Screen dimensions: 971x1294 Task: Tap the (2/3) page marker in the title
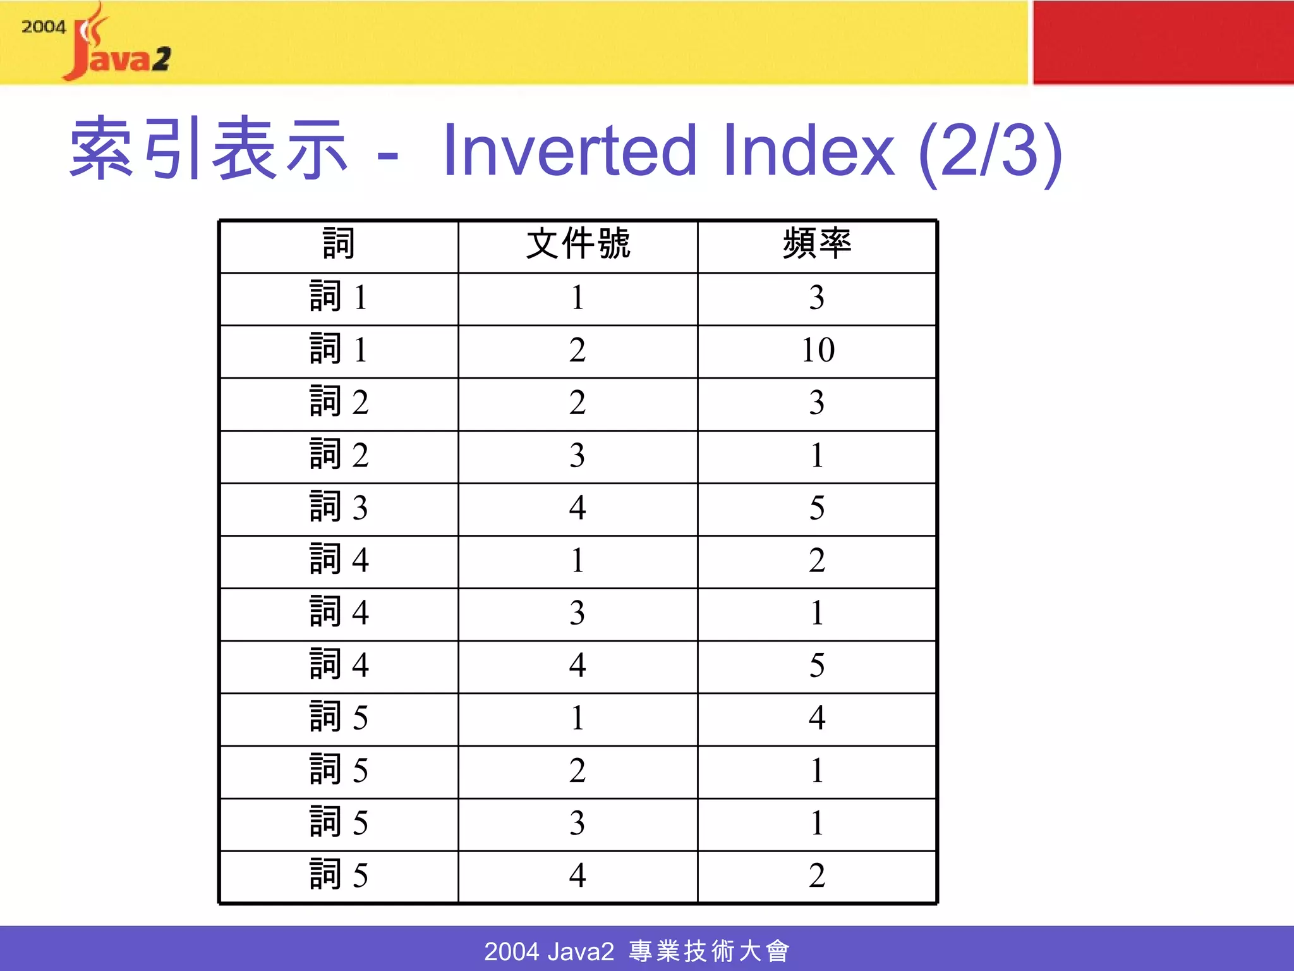click(x=989, y=152)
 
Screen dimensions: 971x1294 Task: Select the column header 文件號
click(x=577, y=244)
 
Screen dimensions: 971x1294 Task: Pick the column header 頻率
click(x=817, y=244)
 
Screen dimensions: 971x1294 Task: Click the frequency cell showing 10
click(x=818, y=350)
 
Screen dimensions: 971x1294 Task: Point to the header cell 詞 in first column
click(x=339, y=244)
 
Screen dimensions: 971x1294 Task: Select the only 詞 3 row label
click(x=339, y=508)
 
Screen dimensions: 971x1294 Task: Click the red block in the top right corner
click(x=1163, y=42)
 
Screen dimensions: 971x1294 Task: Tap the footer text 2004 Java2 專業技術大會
click(x=637, y=951)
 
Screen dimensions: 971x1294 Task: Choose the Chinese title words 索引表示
click(x=209, y=149)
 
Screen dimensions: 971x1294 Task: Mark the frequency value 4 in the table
click(x=817, y=718)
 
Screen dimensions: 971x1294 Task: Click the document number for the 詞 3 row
click(x=577, y=508)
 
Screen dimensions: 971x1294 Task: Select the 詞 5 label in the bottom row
click(x=339, y=876)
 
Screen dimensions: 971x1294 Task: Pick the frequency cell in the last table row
click(x=817, y=876)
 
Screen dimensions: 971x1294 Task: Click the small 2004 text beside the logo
click(x=44, y=27)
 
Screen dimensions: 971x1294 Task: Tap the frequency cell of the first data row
click(x=817, y=298)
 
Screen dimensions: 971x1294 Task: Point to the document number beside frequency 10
click(x=577, y=350)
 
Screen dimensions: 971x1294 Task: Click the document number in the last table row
click(x=577, y=876)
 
